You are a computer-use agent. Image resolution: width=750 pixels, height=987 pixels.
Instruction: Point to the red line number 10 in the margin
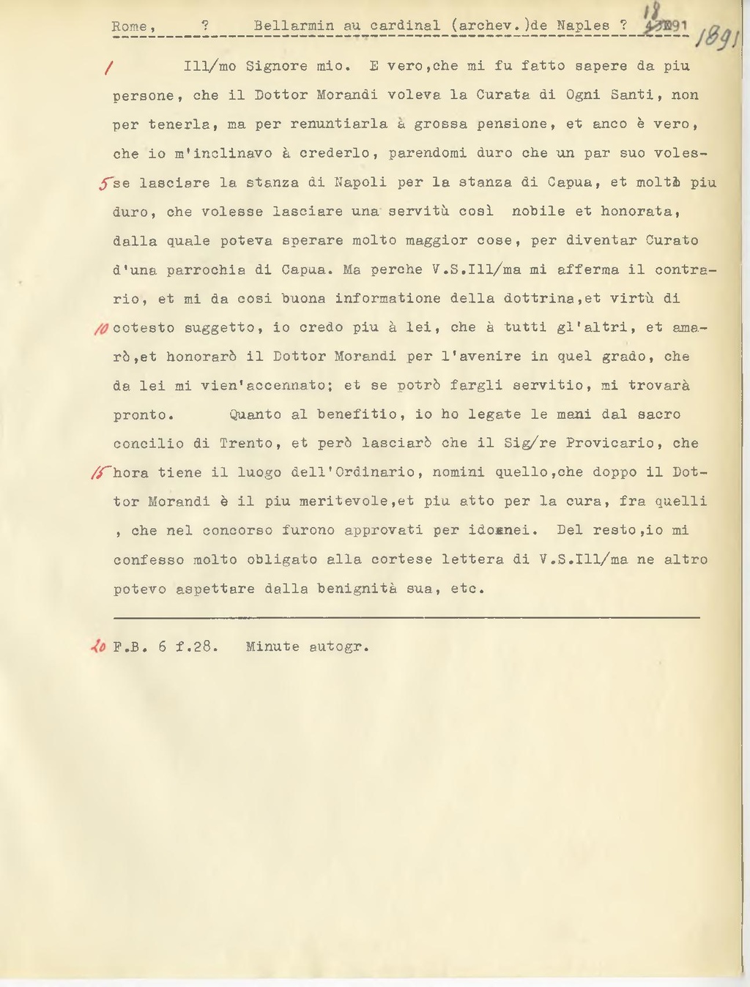[x=101, y=328]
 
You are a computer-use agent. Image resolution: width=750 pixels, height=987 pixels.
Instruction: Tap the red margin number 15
[x=101, y=473]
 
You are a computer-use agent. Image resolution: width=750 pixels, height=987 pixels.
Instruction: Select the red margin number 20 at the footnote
[x=97, y=647]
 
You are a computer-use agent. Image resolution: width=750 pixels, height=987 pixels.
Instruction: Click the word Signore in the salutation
[x=276, y=66]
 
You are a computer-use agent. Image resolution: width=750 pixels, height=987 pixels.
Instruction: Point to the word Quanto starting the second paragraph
[x=255, y=414]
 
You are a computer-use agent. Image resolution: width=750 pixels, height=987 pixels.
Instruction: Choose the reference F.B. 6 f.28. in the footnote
[x=166, y=647]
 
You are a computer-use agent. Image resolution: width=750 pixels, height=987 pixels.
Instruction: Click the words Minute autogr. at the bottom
[x=307, y=647]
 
